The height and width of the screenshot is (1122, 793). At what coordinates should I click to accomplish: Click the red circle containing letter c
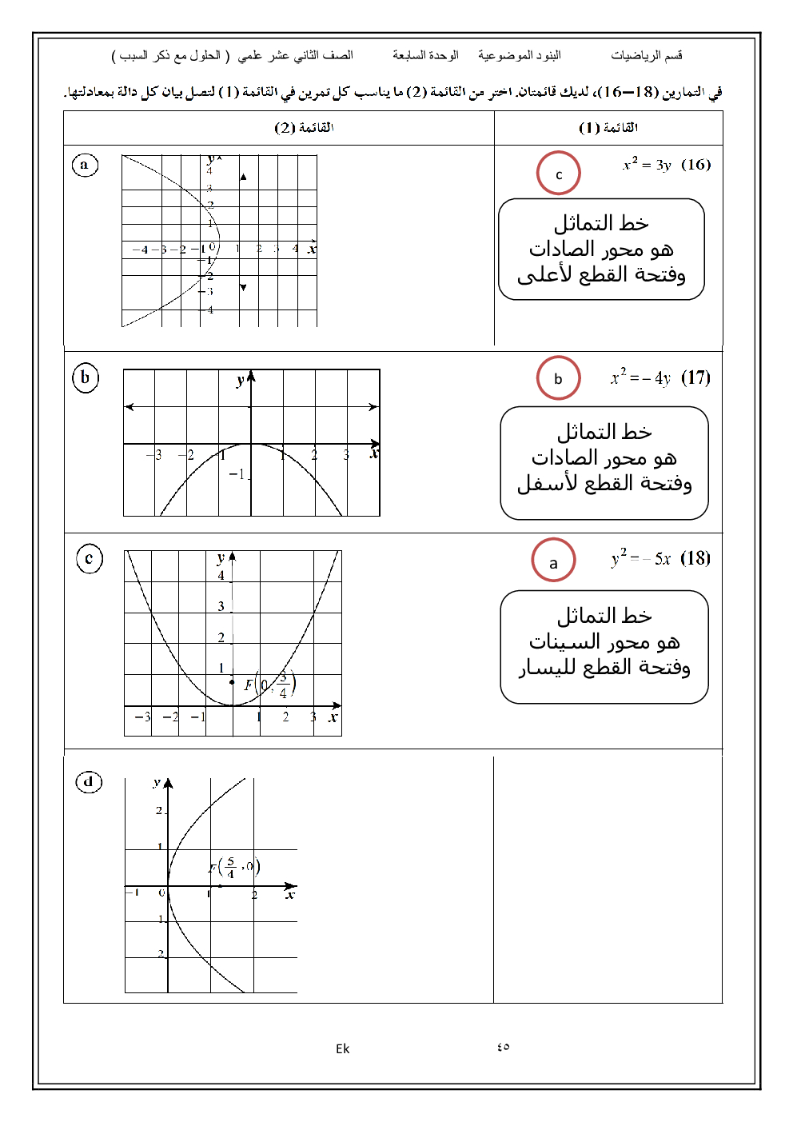click(558, 174)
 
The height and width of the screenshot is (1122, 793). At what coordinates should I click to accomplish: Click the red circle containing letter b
click(558, 378)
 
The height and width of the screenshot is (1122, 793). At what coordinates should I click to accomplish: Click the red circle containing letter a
click(553, 561)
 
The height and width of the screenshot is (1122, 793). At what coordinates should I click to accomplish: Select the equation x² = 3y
click(647, 165)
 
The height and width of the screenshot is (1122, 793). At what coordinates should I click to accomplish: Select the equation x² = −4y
click(641, 377)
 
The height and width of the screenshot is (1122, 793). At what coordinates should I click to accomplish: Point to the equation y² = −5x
click(641, 558)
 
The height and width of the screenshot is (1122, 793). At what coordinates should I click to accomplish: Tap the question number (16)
click(696, 165)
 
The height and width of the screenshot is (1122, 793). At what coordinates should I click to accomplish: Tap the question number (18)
click(695, 558)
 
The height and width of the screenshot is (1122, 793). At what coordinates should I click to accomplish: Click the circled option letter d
click(89, 781)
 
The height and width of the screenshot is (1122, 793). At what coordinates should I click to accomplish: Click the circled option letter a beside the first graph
click(84, 166)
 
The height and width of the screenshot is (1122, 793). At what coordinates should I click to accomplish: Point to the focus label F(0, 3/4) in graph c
click(270, 685)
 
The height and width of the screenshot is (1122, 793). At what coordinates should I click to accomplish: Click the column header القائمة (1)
click(608, 128)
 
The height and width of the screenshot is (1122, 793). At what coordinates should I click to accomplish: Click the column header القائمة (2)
click(304, 128)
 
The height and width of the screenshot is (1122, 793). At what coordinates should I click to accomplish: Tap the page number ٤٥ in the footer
click(503, 1048)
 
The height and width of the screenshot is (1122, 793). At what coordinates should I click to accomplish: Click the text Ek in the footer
click(342, 1048)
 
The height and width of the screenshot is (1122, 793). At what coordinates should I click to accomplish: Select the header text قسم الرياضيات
click(647, 55)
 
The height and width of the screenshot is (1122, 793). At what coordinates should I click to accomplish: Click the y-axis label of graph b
click(240, 381)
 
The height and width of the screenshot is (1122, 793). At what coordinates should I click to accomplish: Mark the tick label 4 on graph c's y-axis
click(221, 575)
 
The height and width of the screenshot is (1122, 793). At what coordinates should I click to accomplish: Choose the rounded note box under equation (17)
click(604, 463)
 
